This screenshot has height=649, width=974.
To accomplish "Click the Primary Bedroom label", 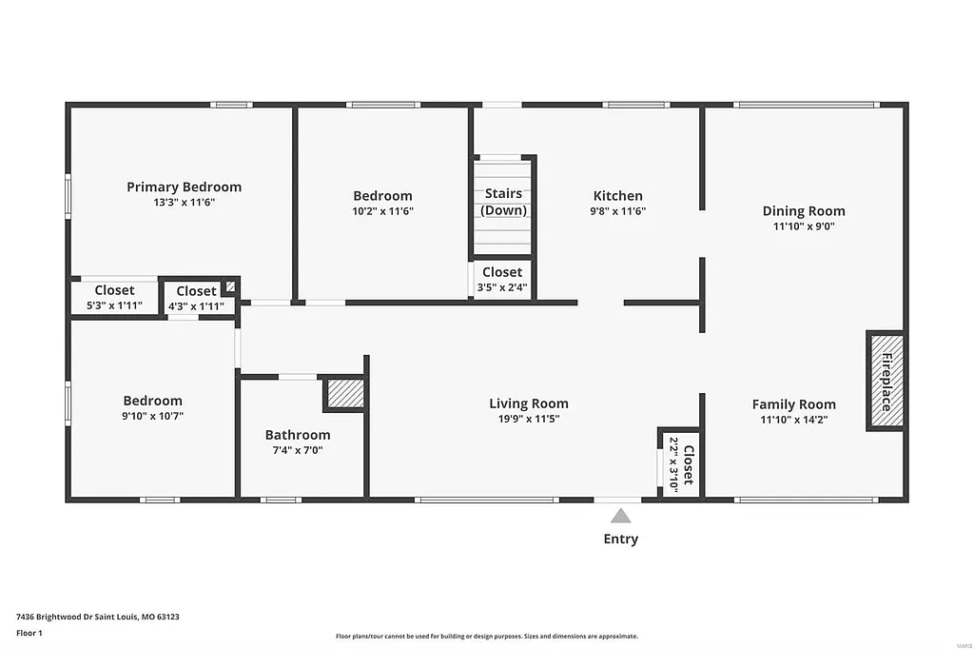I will pos(184,187).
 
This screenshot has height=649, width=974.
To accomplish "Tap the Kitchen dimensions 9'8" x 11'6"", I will pos(617,211).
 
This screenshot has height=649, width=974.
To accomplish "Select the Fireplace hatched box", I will pos(885,381).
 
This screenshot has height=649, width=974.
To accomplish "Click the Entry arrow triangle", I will pos(620,516).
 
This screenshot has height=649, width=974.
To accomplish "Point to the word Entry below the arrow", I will pos(620,540).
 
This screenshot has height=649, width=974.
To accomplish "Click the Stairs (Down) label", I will pos(503,202).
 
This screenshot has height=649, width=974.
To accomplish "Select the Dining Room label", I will pos(803,211).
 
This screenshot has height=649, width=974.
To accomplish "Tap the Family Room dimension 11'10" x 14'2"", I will pos(793,420).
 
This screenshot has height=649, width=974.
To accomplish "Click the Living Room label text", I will pos(528,403).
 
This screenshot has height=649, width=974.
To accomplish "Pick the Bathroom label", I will pos(297,435).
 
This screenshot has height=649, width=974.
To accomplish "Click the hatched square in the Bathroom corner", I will pos(345,394).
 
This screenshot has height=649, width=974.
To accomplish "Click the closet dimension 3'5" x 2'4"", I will pos(501,286).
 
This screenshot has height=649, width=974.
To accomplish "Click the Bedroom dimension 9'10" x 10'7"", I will pos(152,416).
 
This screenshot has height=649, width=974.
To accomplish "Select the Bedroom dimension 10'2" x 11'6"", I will pos(382,211).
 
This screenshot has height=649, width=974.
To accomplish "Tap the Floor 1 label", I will pos(29,633).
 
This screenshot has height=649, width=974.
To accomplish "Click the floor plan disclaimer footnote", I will pos(486,637).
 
